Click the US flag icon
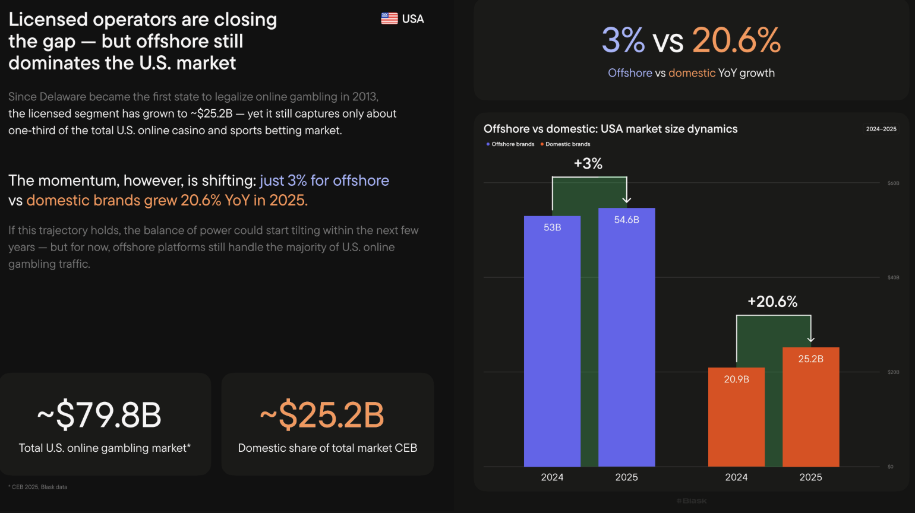click(389, 19)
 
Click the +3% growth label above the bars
click(588, 164)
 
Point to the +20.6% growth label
click(772, 302)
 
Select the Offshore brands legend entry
click(510, 144)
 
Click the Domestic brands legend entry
click(566, 144)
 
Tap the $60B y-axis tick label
click(893, 183)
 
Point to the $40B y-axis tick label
click(893, 278)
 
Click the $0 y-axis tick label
click(890, 467)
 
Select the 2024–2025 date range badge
click(881, 129)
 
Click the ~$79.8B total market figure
click(100, 415)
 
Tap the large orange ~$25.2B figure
click(323, 415)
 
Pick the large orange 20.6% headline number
click(736, 40)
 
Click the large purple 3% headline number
click(623, 40)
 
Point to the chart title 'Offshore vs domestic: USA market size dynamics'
click(610, 129)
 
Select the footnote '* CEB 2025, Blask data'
click(38, 487)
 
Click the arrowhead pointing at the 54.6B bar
click(626, 200)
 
